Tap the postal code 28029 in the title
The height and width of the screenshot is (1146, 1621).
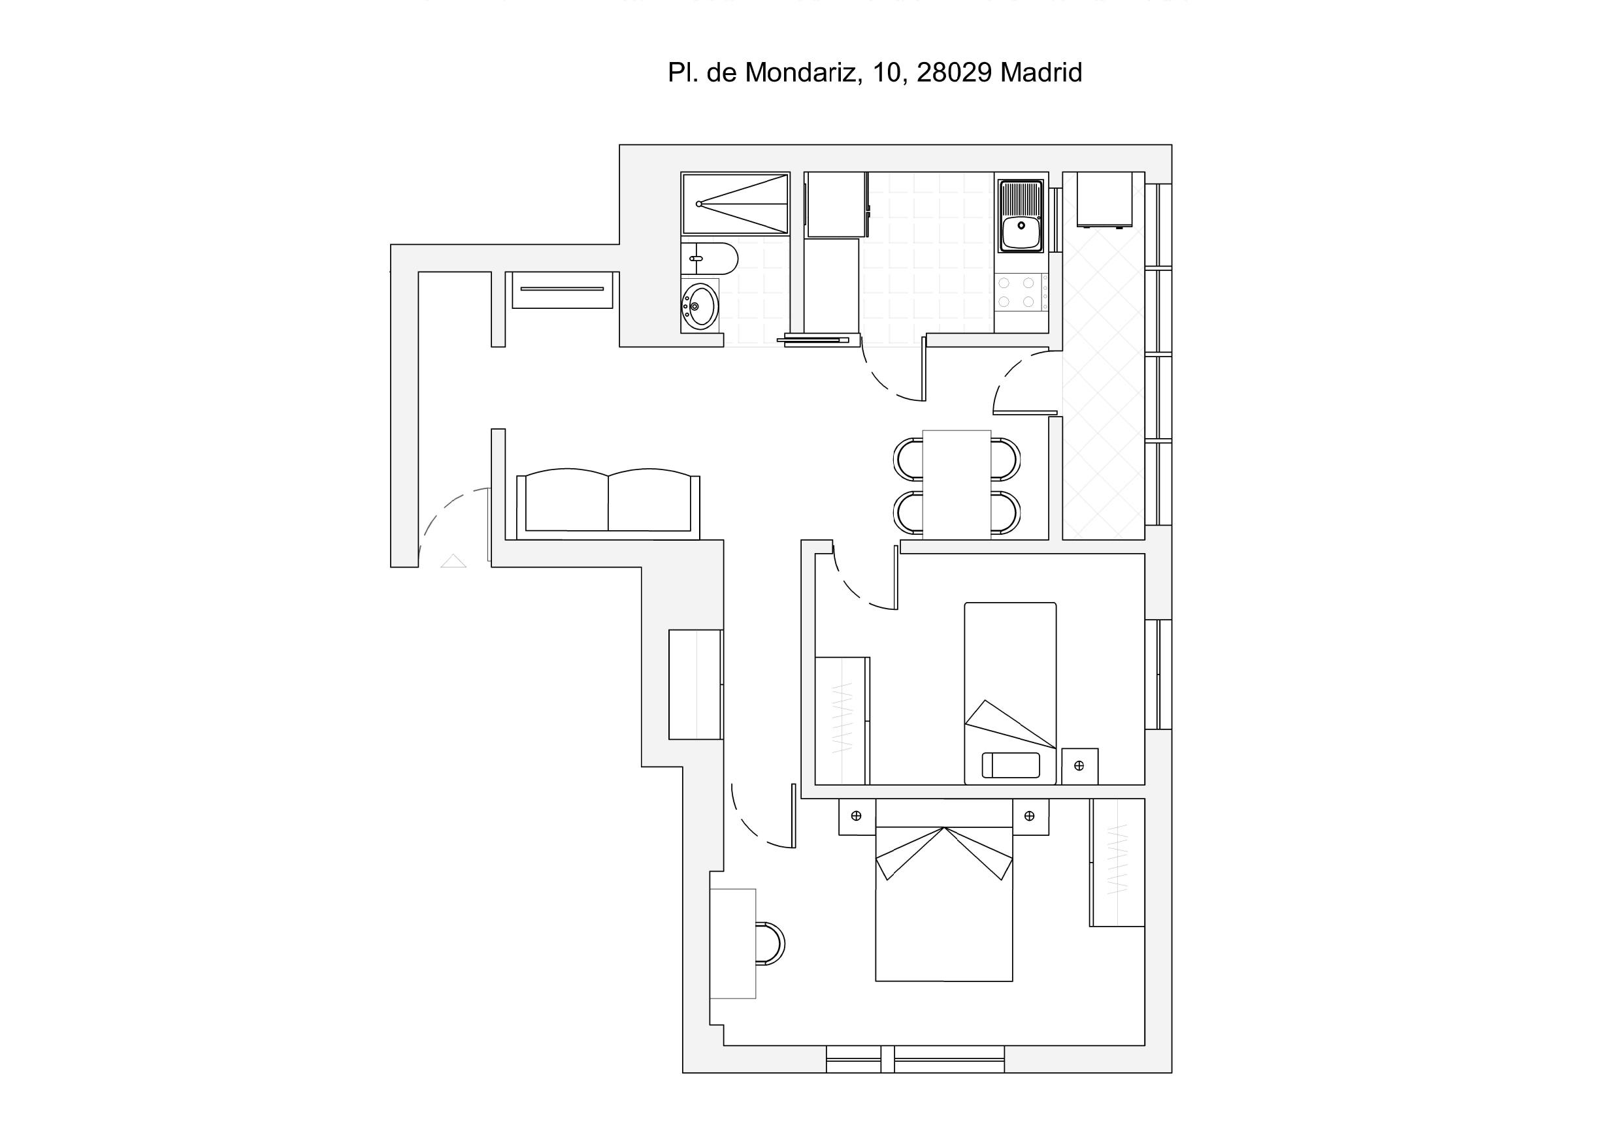954,72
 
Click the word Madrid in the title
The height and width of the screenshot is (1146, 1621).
1041,72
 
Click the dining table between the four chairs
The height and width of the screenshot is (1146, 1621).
957,485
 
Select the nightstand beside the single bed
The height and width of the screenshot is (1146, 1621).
1079,766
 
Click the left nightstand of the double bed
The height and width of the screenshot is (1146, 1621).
857,816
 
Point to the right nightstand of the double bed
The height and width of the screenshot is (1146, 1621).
1030,816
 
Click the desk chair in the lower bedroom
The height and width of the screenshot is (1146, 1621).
771,943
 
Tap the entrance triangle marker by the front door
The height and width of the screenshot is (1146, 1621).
453,561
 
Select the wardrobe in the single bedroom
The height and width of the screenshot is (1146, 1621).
842,720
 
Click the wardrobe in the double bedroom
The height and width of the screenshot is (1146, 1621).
1117,863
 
